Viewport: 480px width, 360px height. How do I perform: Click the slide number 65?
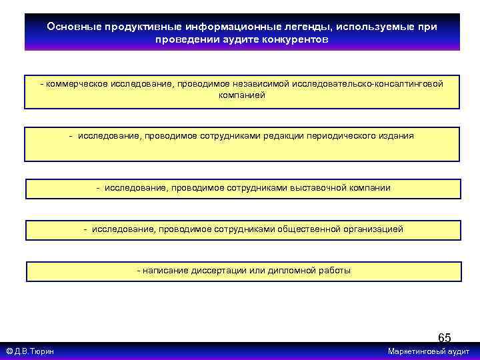point(444,337)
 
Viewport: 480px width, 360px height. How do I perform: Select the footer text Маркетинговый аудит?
point(429,351)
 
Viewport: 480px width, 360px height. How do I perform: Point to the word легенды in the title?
point(313,27)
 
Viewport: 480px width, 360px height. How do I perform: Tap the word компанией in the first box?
point(242,95)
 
